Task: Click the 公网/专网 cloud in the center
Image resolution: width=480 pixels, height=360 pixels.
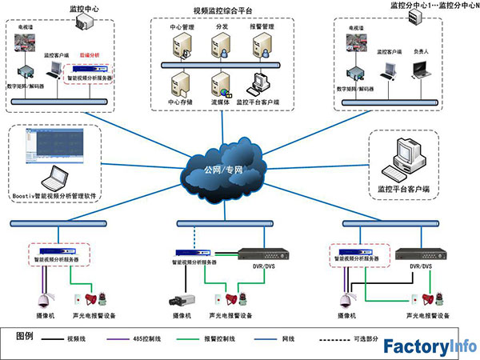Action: coord(224,169)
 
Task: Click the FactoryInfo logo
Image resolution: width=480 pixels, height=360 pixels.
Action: coord(428,346)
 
